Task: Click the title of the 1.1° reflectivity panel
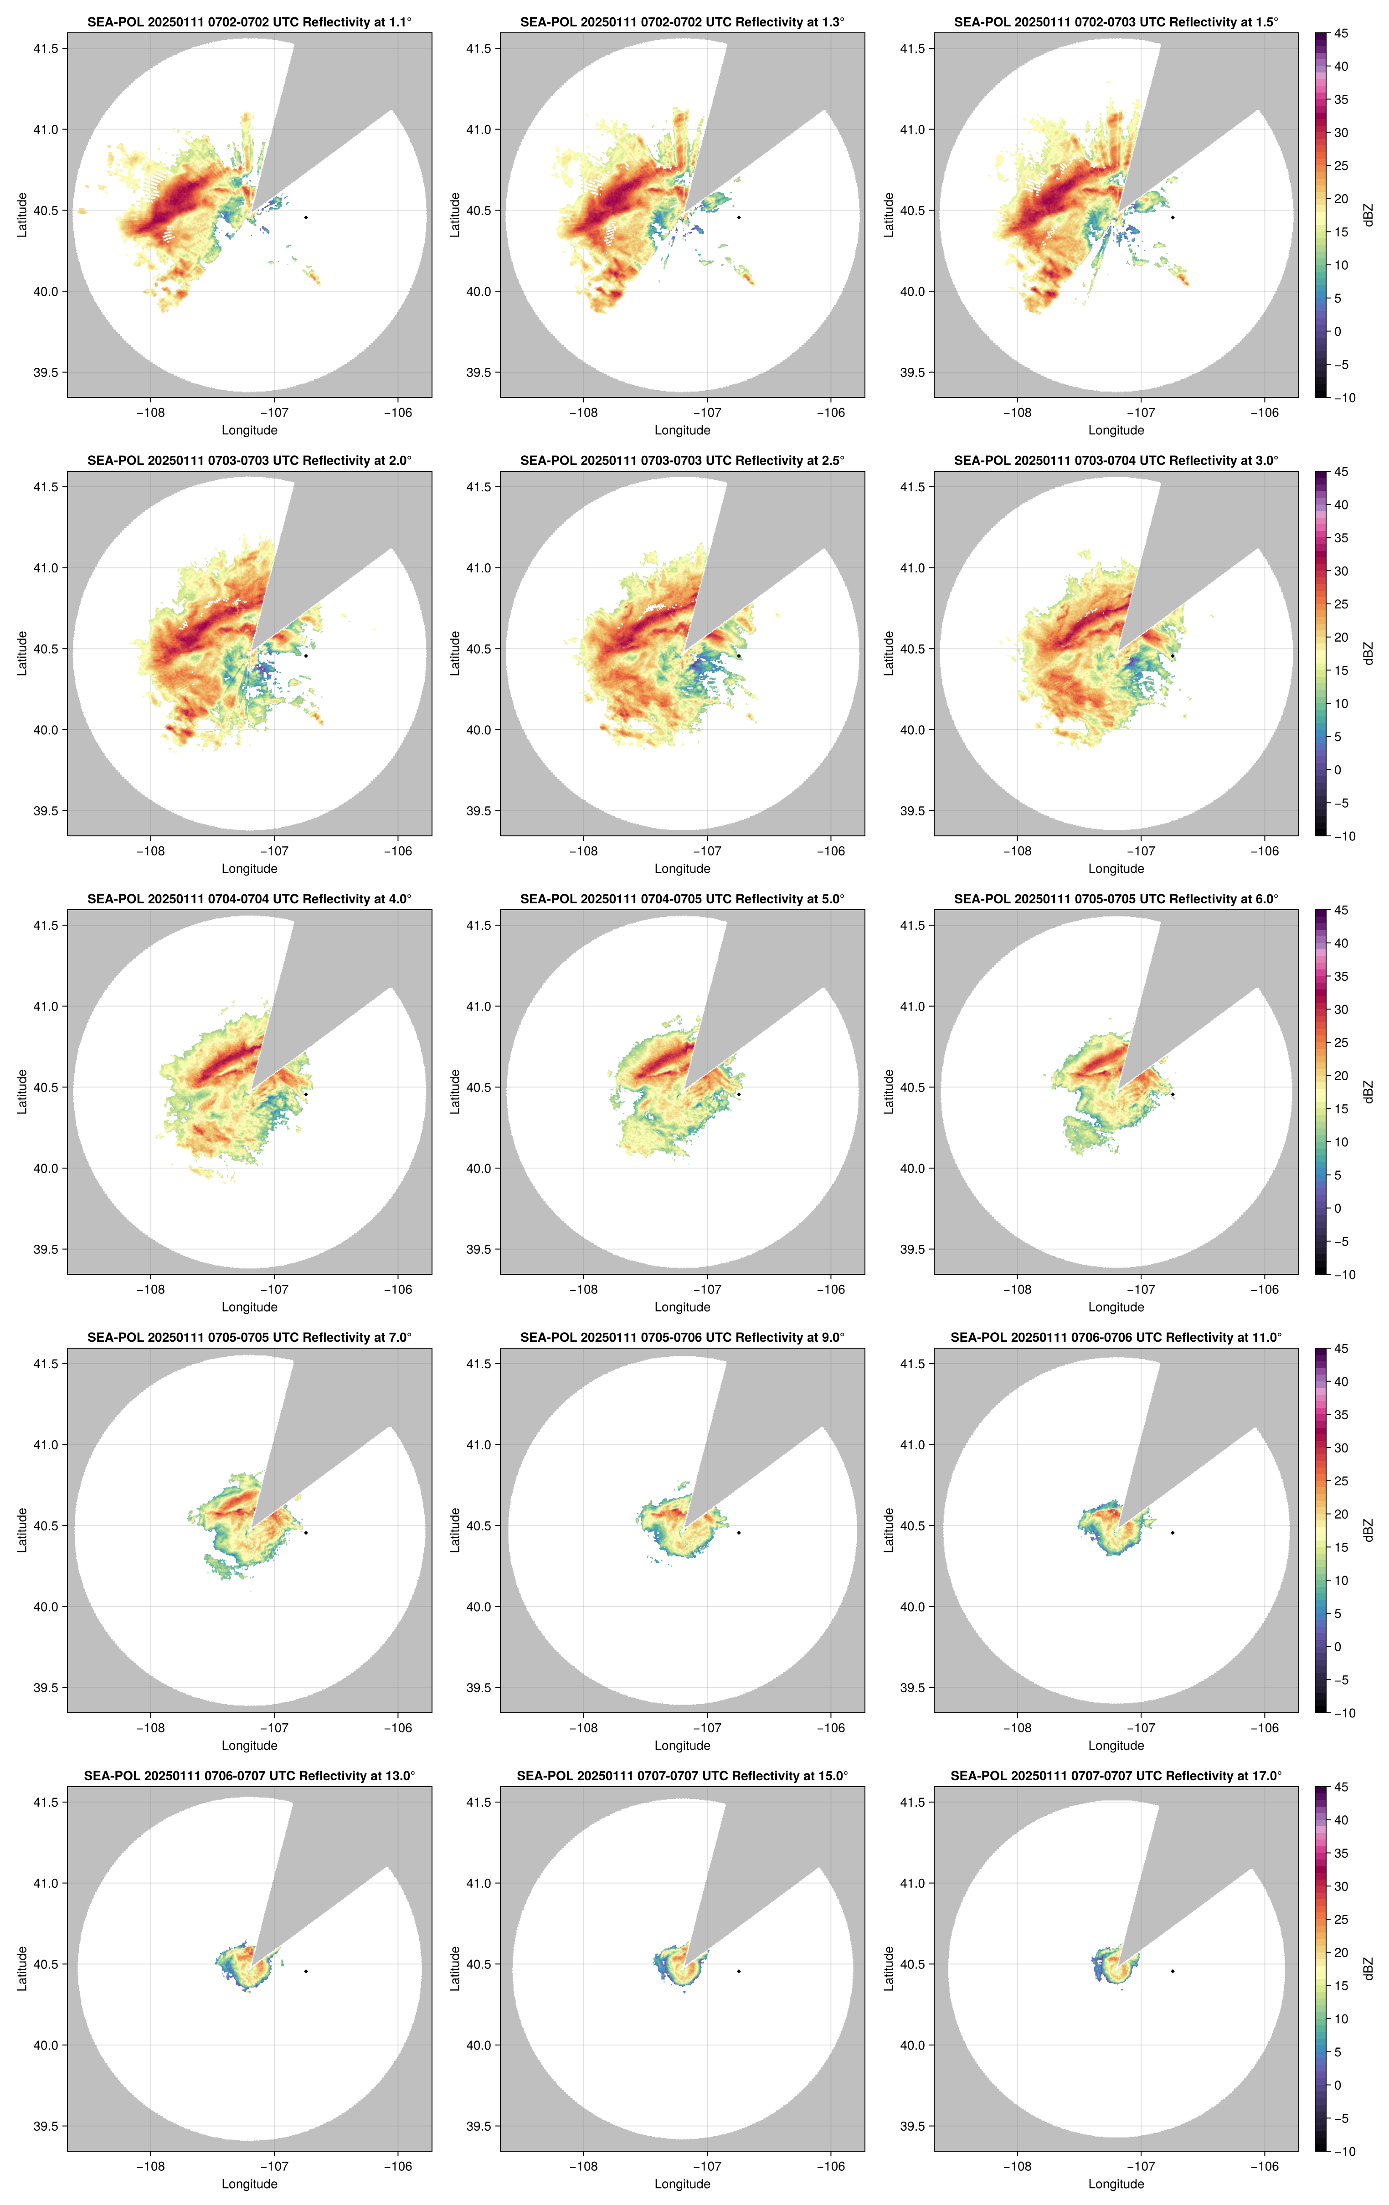(x=249, y=22)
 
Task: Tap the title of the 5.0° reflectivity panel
(x=682, y=899)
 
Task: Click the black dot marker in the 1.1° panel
(x=306, y=217)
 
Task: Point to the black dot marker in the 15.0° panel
(x=739, y=1971)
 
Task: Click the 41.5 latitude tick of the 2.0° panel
(x=46, y=487)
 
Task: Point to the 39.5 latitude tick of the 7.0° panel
(x=46, y=1688)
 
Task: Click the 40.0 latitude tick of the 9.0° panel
(x=479, y=1606)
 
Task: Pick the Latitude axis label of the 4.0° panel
(x=22, y=1092)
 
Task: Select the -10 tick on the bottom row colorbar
(x=1343, y=2151)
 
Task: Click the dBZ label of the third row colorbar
(x=1368, y=1092)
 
